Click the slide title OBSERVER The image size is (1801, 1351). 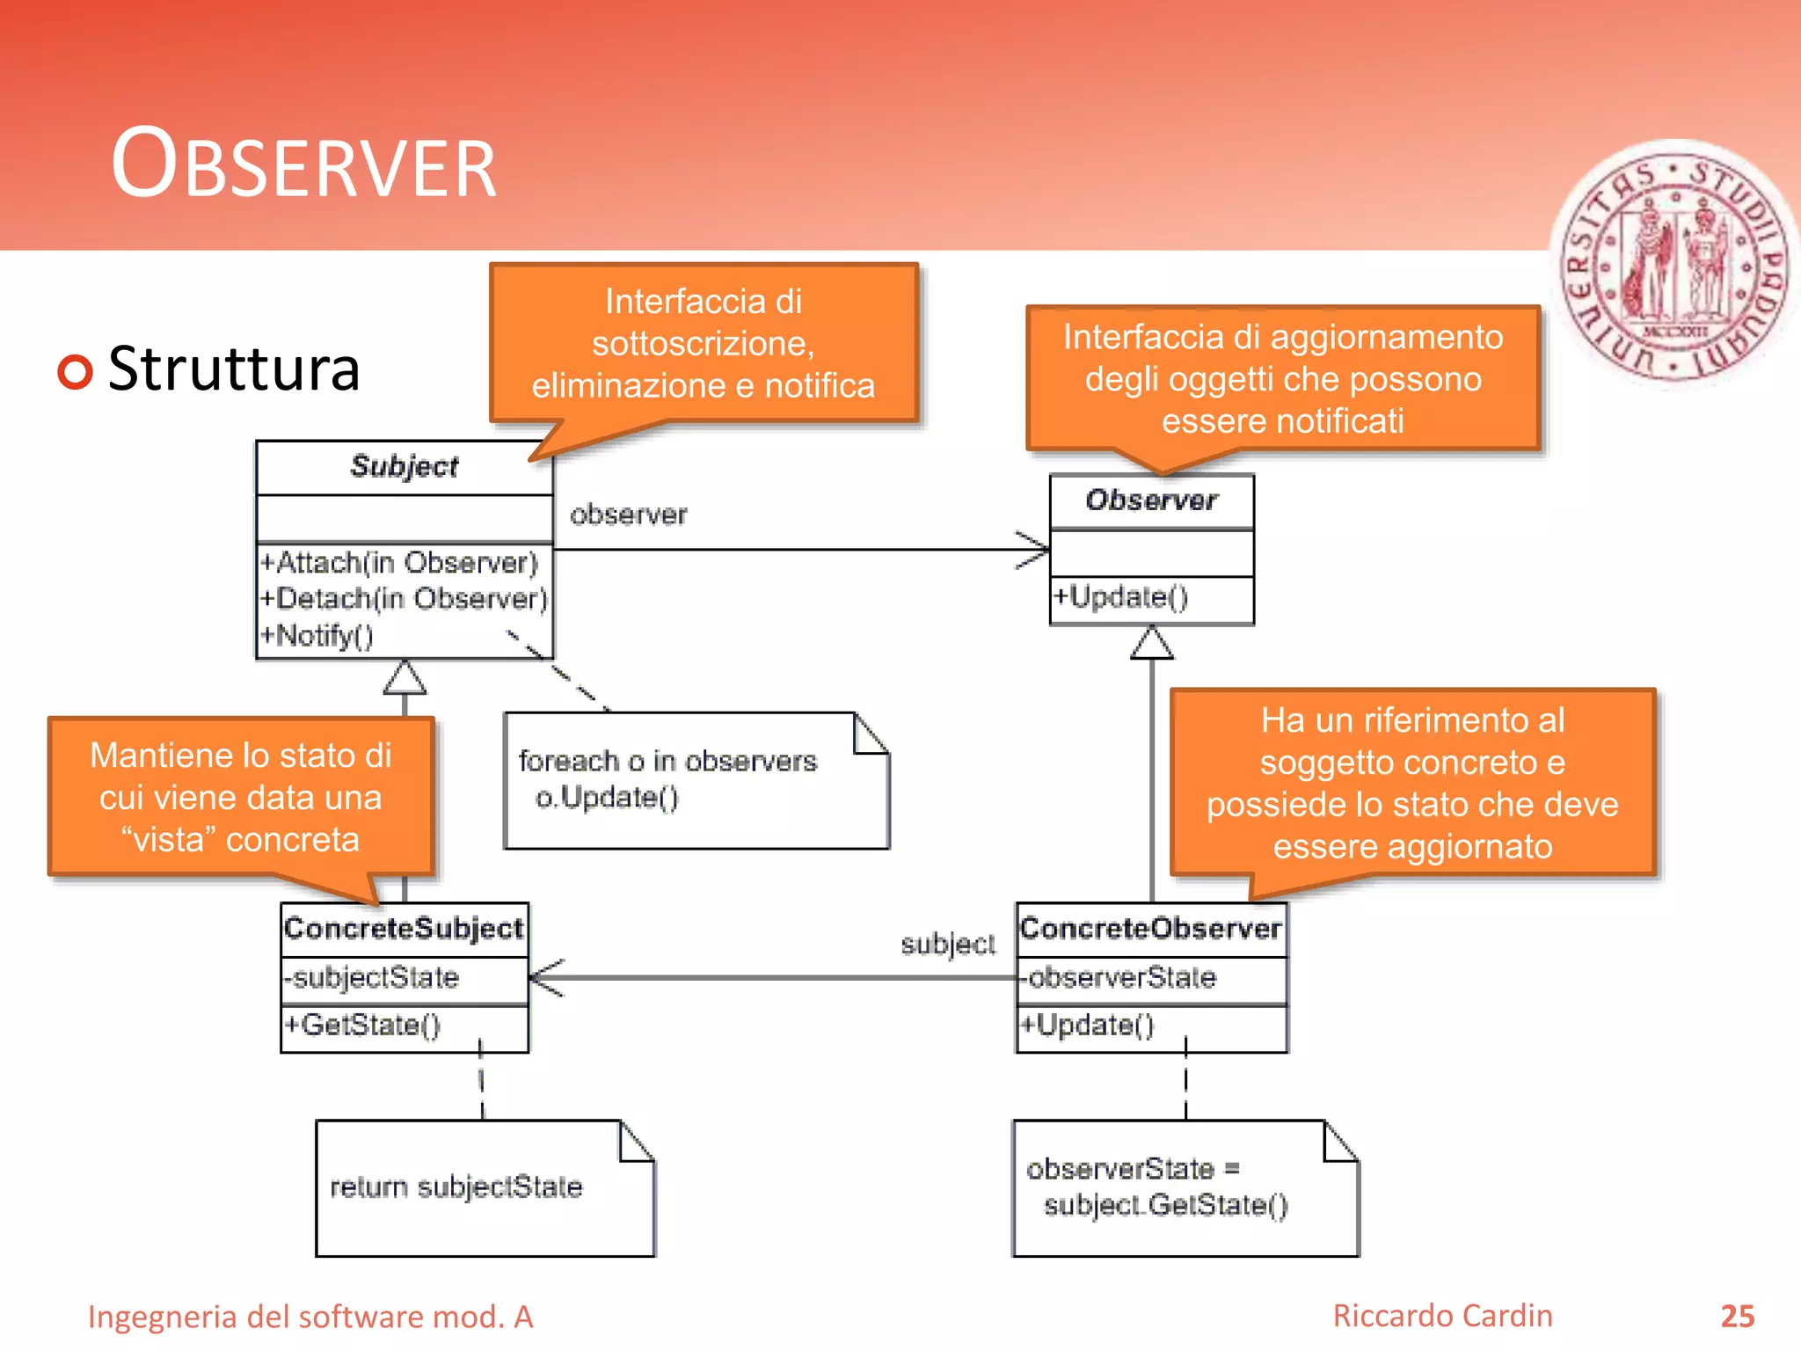point(303,165)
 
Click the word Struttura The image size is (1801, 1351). point(234,369)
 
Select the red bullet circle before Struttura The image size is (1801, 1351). point(76,371)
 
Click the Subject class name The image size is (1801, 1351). point(404,466)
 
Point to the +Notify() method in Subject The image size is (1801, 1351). point(317,635)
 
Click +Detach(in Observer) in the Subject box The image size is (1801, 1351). point(404,599)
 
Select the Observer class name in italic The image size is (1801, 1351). point(1151,500)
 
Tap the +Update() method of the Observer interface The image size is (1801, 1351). point(1121,597)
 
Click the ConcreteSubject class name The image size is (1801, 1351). point(404,929)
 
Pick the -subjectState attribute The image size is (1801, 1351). point(371,978)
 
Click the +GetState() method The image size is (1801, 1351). point(361,1026)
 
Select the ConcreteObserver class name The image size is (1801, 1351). point(1150,929)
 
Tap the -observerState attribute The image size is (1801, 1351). point(1118,978)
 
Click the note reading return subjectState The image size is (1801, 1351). point(456,1187)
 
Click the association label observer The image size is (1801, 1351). point(628,515)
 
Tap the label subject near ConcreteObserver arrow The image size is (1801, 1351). point(947,945)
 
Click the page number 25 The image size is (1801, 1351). point(1737,1317)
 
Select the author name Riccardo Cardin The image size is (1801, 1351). point(1442,1316)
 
